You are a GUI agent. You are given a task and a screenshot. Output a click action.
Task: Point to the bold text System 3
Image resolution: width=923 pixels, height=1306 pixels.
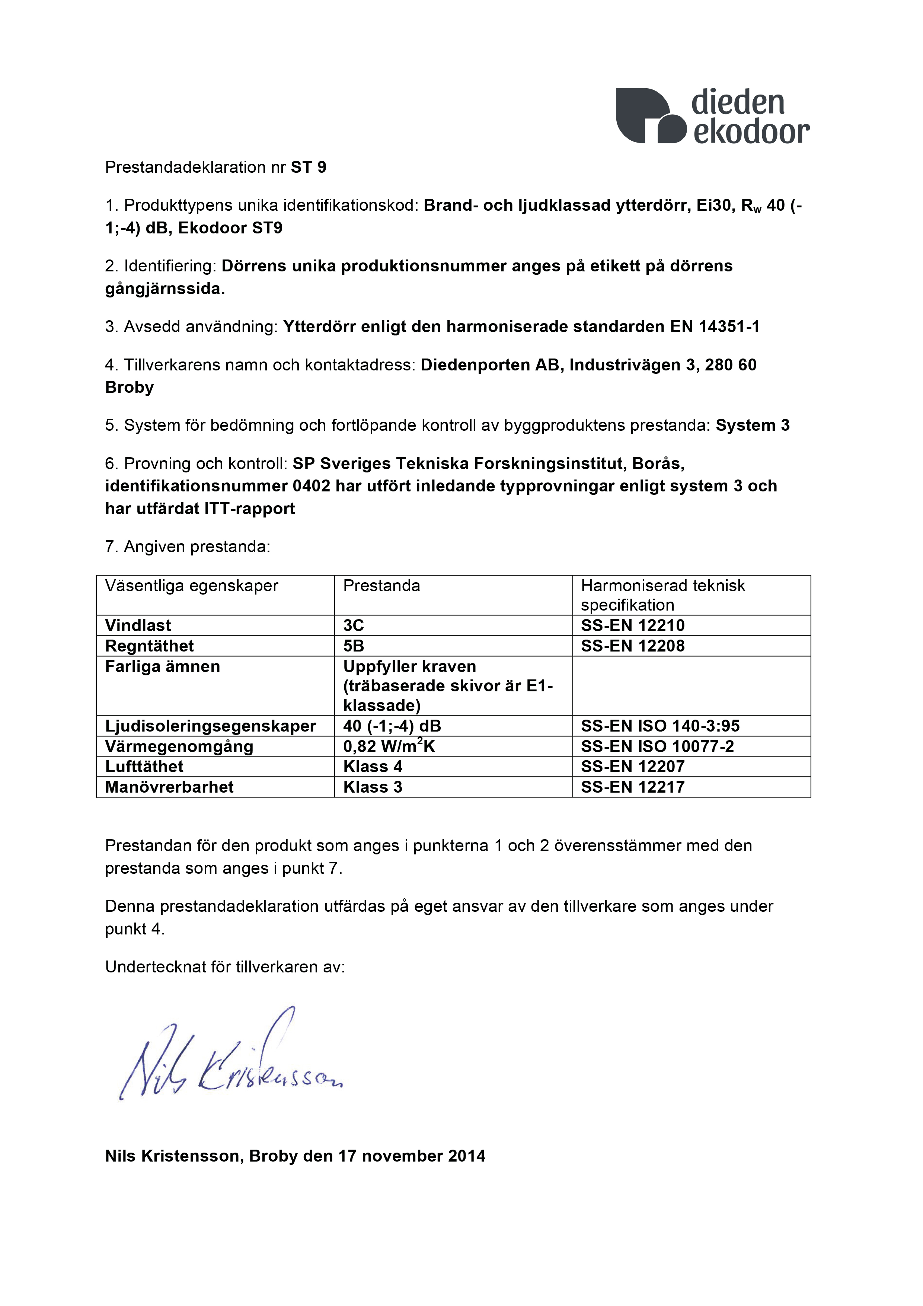point(753,426)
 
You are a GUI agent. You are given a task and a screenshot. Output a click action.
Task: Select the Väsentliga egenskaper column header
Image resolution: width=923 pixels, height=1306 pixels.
point(192,586)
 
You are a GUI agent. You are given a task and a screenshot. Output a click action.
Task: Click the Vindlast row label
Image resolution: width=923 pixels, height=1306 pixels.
point(138,626)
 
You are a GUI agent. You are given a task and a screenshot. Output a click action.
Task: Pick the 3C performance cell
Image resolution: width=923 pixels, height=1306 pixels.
point(353,626)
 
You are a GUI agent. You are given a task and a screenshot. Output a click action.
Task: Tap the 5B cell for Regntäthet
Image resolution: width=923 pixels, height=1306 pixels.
point(353,646)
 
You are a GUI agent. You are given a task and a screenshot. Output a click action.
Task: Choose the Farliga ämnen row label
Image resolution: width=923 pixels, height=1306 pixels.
point(163,667)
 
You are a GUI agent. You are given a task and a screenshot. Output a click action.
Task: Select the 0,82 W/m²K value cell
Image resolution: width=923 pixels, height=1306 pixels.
point(389,746)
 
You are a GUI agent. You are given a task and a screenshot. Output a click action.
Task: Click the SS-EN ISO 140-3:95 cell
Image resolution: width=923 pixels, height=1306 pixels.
point(660,726)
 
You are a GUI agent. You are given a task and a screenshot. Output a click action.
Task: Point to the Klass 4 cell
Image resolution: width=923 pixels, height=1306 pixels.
point(373,767)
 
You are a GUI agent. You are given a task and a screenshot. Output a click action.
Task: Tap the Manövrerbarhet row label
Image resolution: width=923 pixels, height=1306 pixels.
point(169,787)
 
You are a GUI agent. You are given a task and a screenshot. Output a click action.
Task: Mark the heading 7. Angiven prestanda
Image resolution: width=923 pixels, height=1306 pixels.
point(188,547)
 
